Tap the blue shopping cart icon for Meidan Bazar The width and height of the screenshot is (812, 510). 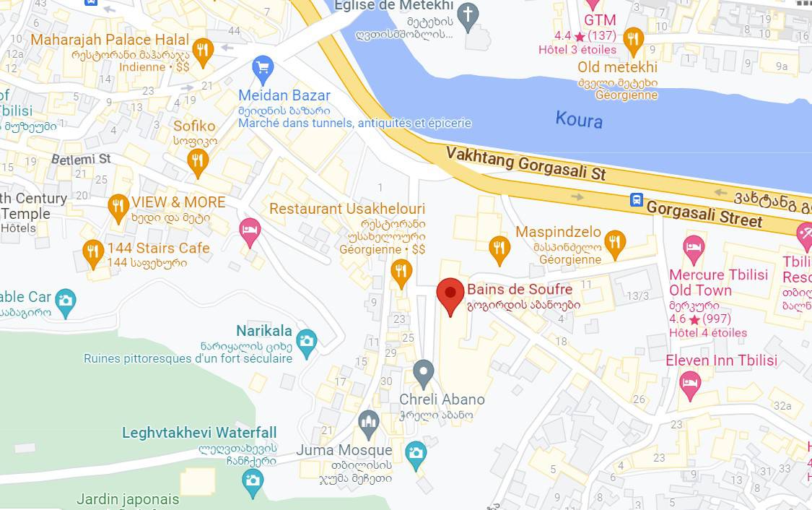coord(263,69)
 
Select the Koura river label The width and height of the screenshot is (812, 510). coord(579,119)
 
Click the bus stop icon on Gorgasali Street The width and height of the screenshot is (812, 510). coord(636,199)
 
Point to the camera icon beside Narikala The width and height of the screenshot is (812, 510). coord(307,342)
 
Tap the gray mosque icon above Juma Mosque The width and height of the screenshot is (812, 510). coord(369,423)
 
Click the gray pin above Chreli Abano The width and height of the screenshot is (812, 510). coord(424,373)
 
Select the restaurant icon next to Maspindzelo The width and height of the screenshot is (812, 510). coord(614,243)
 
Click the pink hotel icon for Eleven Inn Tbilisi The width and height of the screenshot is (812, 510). coord(690,384)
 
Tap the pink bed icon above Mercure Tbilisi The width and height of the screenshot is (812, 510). coord(694,248)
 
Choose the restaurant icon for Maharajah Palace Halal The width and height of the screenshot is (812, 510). coord(204,51)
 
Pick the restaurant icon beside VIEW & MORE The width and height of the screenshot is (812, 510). coord(118,207)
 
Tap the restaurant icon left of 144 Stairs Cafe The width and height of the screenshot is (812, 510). coord(93,252)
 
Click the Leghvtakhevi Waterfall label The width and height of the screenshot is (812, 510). coord(199,433)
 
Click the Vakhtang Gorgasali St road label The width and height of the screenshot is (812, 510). coord(525,164)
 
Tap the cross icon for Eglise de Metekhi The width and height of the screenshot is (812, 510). coord(468,15)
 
